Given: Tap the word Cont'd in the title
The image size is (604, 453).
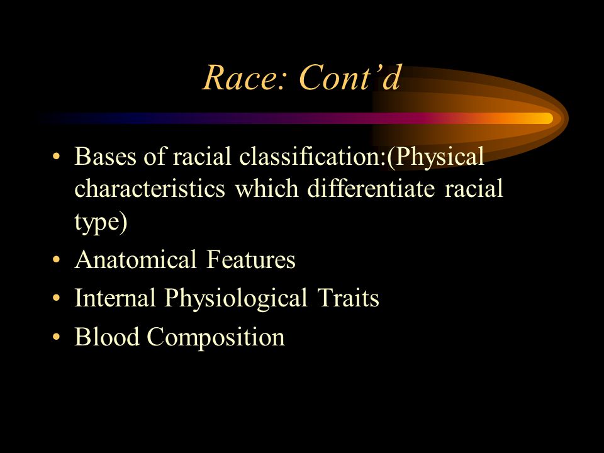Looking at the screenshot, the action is click(x=350, y=77).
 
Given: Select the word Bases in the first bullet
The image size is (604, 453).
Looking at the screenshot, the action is click(x=105, y=157).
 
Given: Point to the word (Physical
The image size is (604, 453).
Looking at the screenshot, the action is click(x=435, y=157).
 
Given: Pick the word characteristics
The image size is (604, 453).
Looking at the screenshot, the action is click(x=150, y=189).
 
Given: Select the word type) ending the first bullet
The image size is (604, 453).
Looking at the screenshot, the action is click(x=101, y=223).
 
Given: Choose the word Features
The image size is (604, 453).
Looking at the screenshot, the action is click(x=251, y=259).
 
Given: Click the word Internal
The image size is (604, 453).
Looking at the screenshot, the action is click(x=115, y=298).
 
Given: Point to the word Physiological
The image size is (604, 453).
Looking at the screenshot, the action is click(x=236, y=299).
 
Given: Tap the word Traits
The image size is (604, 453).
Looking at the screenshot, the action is click(x=348, y=298).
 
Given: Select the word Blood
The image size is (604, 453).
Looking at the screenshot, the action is click(x=107, y=336).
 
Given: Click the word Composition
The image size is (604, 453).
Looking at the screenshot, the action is click(x=216, y=338).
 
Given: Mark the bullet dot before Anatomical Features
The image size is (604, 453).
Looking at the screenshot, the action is click(x=56, y=260).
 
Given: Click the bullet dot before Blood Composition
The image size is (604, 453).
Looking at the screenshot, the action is click(x=56, y=337).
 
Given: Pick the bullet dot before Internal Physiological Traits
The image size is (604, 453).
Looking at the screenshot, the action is click(x=56, y=298).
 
